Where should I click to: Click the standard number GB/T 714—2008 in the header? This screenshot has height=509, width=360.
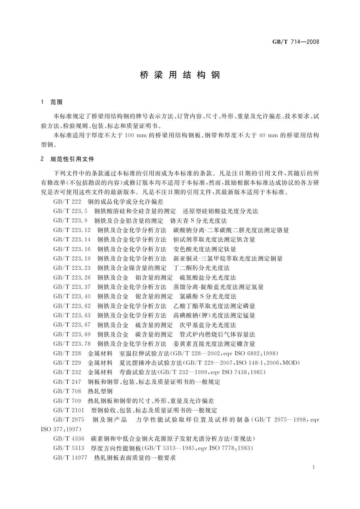pos(296,42)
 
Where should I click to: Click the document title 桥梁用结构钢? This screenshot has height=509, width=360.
pos(180,75)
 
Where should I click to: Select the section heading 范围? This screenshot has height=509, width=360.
pos(56,102)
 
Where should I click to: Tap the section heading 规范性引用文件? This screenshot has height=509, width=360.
pos(72,159)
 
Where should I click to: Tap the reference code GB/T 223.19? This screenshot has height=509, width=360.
pos(72,258)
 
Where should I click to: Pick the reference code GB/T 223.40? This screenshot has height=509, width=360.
pos(72,296)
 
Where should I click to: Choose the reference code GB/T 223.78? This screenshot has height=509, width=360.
pos(72,344)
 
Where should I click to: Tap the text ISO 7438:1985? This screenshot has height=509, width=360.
pos(244,372)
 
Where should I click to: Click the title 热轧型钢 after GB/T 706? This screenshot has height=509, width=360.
pos(100,391)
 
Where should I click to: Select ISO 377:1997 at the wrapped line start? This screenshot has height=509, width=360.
pos(61,429)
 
